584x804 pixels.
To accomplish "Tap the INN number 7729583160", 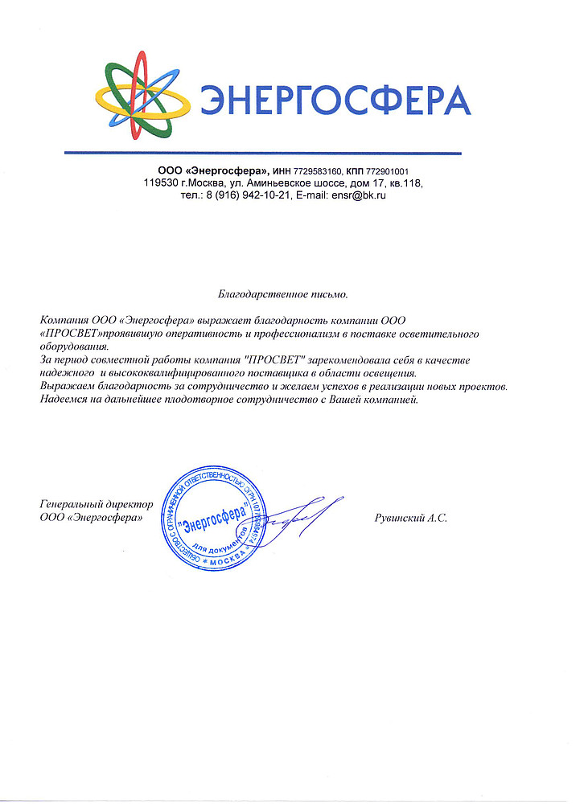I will pos(318,171).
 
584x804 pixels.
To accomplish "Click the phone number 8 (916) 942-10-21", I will pos(247,195).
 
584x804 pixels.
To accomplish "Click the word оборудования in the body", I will pos(73,347).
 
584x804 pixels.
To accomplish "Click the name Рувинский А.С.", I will pos(411,519).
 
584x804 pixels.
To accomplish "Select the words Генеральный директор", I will pos(96,504).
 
